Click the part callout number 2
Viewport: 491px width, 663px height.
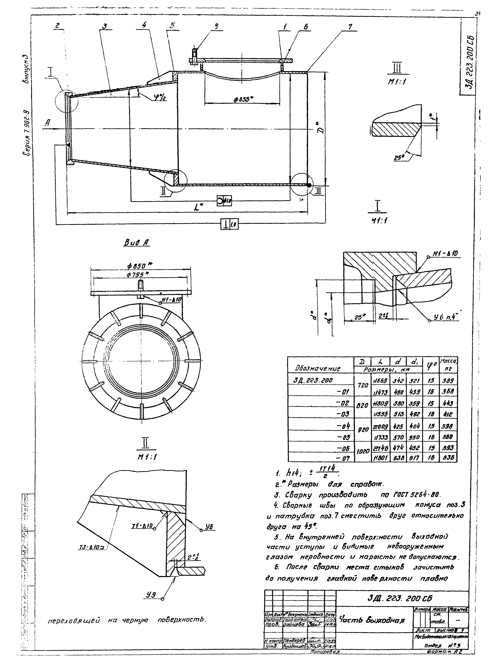click(58, 26)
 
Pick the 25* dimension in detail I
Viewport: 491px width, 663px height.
click(358, 317)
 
